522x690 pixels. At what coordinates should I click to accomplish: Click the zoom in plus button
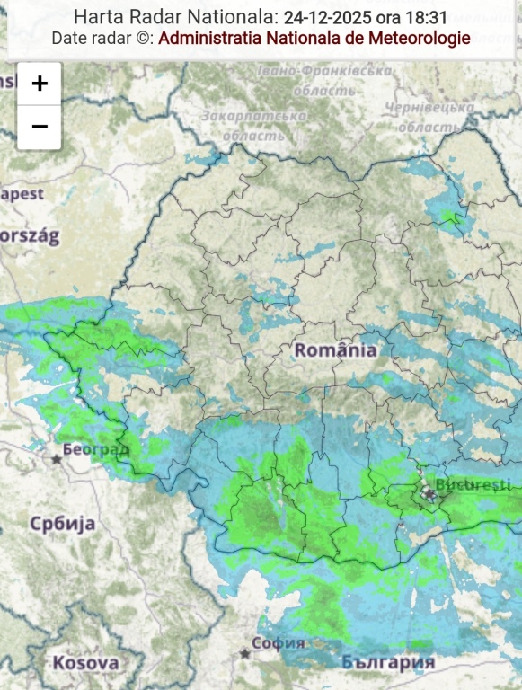[x=40, y=84]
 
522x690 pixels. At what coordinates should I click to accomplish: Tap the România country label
[x=336, y=350]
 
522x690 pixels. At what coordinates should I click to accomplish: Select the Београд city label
[x=96, y=448]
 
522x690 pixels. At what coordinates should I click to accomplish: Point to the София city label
[x=279, y=643]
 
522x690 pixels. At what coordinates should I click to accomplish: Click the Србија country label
[x=62, y=524]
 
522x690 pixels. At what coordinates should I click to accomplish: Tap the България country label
[x=388, y=662]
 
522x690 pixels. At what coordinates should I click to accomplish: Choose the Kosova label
[x=85, y=663]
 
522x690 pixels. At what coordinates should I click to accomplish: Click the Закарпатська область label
[x=253, y=126]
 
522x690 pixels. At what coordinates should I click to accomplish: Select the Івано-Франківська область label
[x=324, y=80]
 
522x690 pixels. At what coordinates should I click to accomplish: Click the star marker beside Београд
[x=57, y=459]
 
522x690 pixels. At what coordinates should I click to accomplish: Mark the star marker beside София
[x=244, y=653]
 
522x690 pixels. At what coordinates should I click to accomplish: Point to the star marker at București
[x=429, y=495]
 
